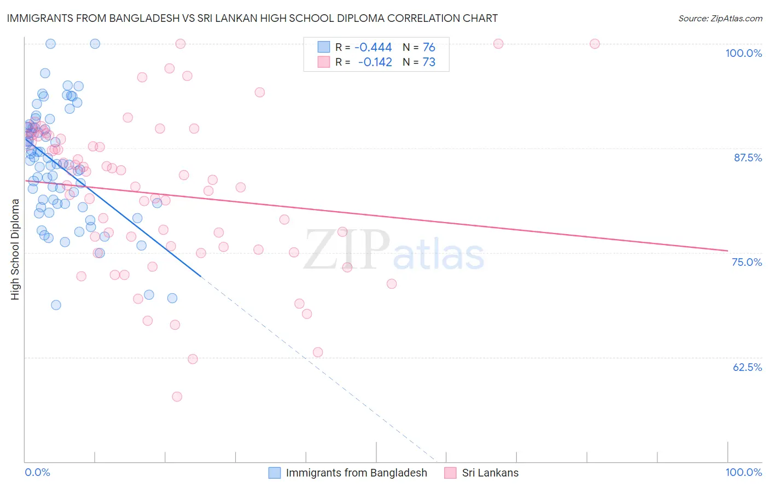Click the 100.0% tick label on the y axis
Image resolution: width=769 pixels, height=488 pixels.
coord(743,53)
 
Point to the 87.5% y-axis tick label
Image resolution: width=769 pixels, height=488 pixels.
coord(748,158)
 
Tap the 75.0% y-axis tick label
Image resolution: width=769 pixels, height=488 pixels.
coord(747,262)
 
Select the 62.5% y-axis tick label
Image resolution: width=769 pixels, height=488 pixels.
coord(747,367)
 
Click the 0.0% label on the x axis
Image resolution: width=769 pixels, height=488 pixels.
coord(37,472)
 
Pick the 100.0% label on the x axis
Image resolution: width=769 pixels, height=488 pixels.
coord(743,472)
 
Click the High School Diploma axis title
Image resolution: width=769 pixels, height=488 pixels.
coord(15,249)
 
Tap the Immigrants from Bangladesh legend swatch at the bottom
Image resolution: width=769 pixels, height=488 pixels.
coord(275,473)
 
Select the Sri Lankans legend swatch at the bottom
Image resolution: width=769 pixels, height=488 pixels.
coord(450,473)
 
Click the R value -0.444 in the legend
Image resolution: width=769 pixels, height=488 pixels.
coord(373,48)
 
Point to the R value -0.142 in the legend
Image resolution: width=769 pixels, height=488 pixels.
coord(375,62)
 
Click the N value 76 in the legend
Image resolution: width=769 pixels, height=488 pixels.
coord(429,48)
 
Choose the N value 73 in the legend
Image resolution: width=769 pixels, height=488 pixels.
coord(429,62)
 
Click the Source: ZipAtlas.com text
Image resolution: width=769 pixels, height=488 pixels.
coord(720,19)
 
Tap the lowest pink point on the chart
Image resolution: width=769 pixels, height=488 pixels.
coord(177,397)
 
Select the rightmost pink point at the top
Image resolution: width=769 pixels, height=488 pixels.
coord(595,44)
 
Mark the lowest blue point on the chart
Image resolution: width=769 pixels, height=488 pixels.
coord(56,305)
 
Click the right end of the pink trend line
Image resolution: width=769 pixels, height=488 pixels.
coord(727,251)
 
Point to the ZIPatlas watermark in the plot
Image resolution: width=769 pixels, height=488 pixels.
coord(394,250)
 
